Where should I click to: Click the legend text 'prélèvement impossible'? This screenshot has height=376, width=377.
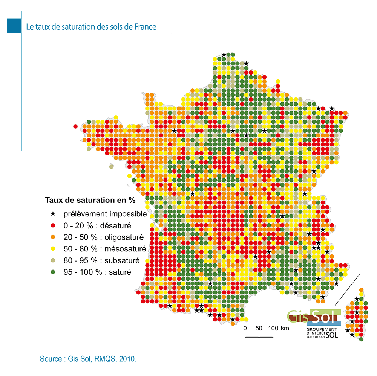click(x=105, y=214)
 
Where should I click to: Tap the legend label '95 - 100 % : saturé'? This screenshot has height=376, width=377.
click(x=97, y=272)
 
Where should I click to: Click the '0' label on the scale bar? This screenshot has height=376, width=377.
click(x=245, y=328)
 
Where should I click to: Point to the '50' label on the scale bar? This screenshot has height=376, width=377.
click(x=259, y=328)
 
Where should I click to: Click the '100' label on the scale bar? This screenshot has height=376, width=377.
click(x=273, y=328)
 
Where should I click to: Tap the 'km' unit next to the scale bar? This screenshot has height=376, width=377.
click(x=285, y=328)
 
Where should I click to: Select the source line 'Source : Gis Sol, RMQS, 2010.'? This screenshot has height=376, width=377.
click(x=88, y=359)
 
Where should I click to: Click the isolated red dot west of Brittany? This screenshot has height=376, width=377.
click(x=75, y=126)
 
